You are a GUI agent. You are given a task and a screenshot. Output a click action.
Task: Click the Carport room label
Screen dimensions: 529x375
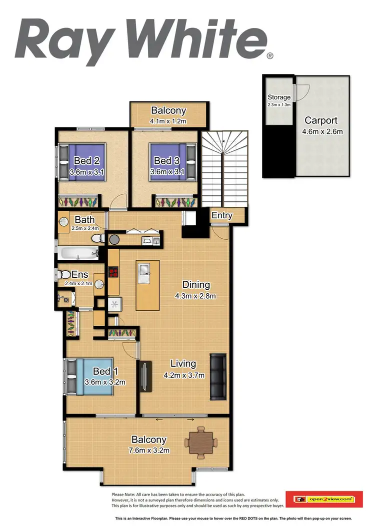click(321, 120)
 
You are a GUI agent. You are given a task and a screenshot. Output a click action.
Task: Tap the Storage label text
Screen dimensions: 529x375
click(279, 97)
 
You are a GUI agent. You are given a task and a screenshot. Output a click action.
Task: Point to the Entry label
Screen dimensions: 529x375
click(222, 215)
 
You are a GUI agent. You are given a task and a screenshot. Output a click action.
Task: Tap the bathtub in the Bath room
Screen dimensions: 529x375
click(79, 252)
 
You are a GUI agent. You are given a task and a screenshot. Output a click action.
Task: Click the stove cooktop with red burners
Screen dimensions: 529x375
click(113, 273)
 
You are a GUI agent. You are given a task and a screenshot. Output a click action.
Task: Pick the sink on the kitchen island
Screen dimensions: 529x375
click(147, 270)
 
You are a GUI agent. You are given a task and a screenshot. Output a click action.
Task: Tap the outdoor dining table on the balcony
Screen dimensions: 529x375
click(201, 441)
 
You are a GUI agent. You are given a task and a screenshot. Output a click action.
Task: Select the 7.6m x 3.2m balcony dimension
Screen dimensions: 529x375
click(148, 450)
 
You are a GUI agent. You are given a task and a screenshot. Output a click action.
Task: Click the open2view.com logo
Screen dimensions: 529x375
click(323, 498)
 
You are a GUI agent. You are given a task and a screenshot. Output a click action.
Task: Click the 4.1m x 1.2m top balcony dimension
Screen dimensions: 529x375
click(168, 121)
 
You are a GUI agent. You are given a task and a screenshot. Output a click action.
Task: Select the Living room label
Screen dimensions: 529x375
click(182, 364)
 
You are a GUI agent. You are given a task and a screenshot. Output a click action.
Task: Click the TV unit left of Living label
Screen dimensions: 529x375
click(144, 376)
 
